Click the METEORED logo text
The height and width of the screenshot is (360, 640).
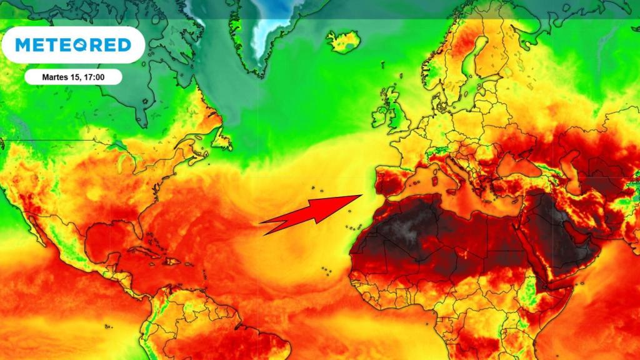(73, 45)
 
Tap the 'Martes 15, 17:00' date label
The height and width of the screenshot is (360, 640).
(73, 77)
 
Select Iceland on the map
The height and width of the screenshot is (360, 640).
(343, 42)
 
